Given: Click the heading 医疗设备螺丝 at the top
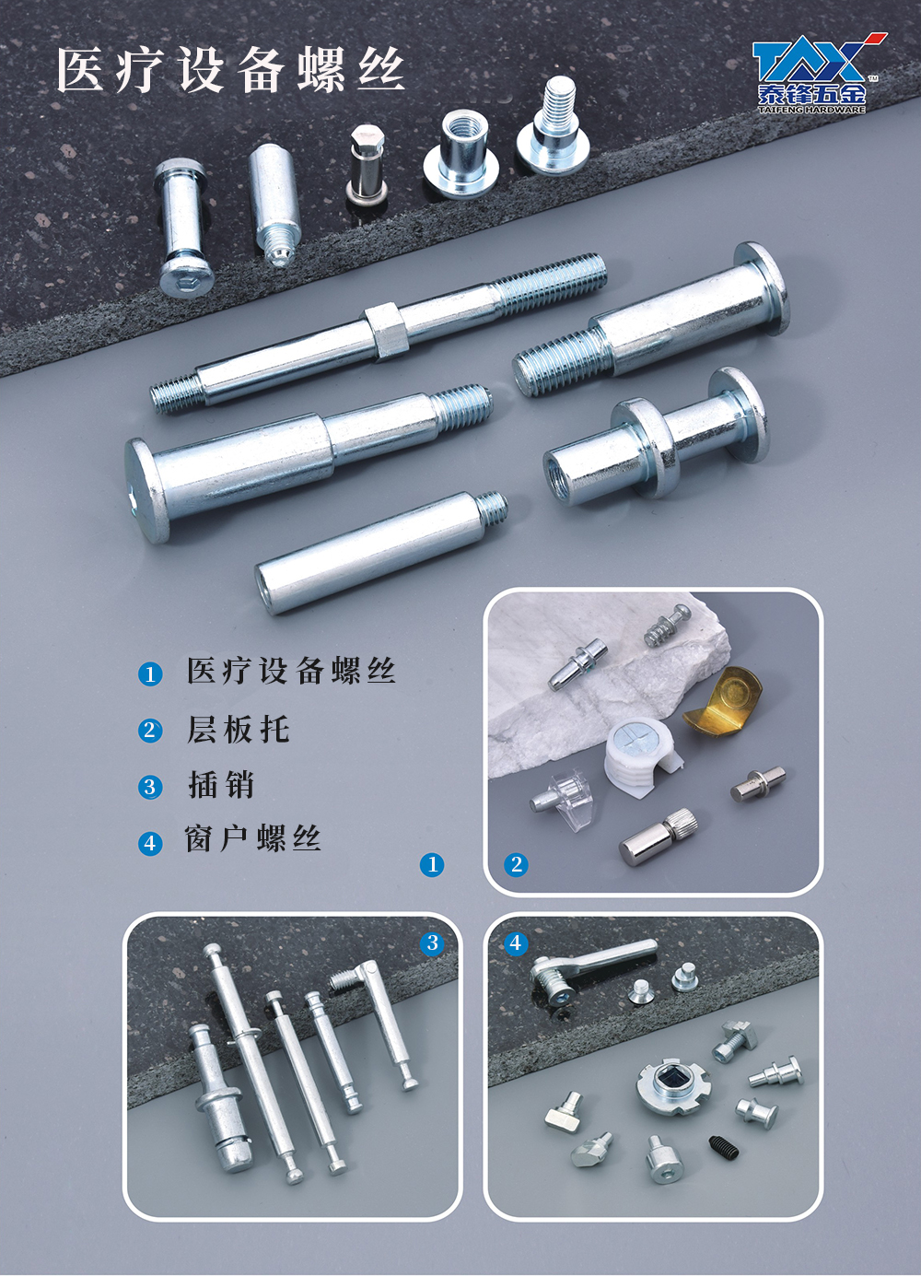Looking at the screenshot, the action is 230,72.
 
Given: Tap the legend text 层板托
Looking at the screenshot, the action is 239,730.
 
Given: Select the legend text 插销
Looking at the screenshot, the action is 220,785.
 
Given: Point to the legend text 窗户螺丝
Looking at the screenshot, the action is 253,838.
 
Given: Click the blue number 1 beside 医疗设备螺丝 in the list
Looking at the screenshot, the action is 150,675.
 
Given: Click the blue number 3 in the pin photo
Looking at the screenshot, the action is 432,942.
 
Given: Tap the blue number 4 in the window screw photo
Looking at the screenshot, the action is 515,942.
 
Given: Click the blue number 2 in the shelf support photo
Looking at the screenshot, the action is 516,865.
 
